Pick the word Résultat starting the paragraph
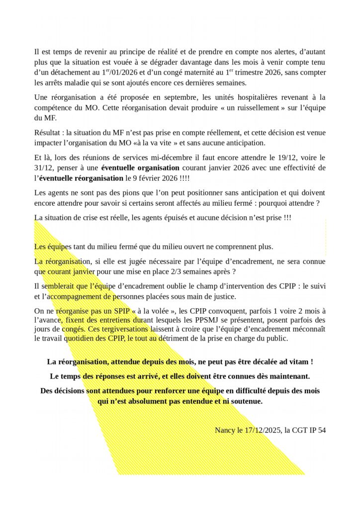[48, 133]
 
